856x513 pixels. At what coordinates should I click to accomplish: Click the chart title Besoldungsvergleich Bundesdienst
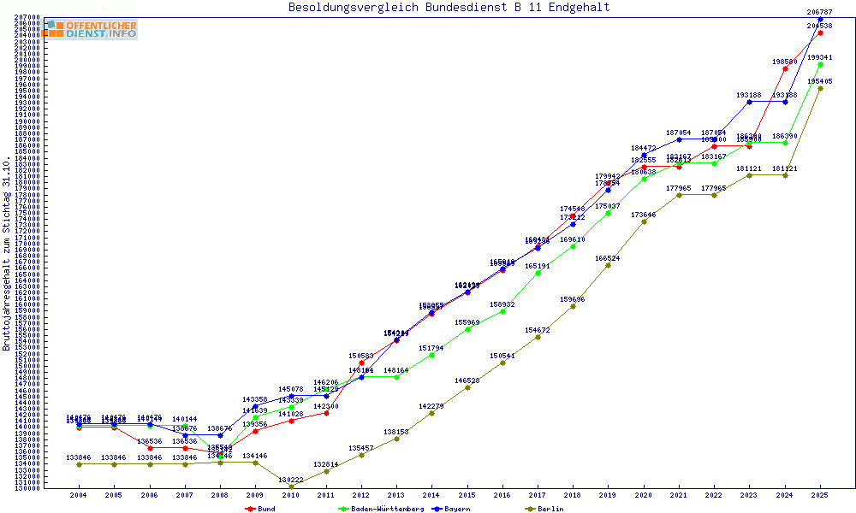449,8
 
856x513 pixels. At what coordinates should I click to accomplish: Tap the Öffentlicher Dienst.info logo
90,29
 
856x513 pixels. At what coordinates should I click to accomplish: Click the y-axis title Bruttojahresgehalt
7,253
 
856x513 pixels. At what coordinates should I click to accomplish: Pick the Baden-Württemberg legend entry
381,509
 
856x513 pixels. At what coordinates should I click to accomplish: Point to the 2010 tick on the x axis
291,495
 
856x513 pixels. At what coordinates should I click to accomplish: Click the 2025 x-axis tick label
820,495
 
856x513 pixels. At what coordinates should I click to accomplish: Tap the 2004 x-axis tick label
79,495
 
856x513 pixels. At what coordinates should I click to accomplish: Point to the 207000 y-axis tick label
28,17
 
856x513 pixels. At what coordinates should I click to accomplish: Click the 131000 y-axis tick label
28,487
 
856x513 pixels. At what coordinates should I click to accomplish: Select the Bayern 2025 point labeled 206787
820,19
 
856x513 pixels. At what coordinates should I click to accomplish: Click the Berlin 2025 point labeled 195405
820,88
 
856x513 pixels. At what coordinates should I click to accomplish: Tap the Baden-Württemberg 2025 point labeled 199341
820,64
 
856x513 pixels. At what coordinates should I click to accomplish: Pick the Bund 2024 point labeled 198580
785,68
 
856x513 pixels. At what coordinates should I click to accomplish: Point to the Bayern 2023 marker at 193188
749,102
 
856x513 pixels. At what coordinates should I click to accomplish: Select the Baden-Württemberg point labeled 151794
431,355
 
